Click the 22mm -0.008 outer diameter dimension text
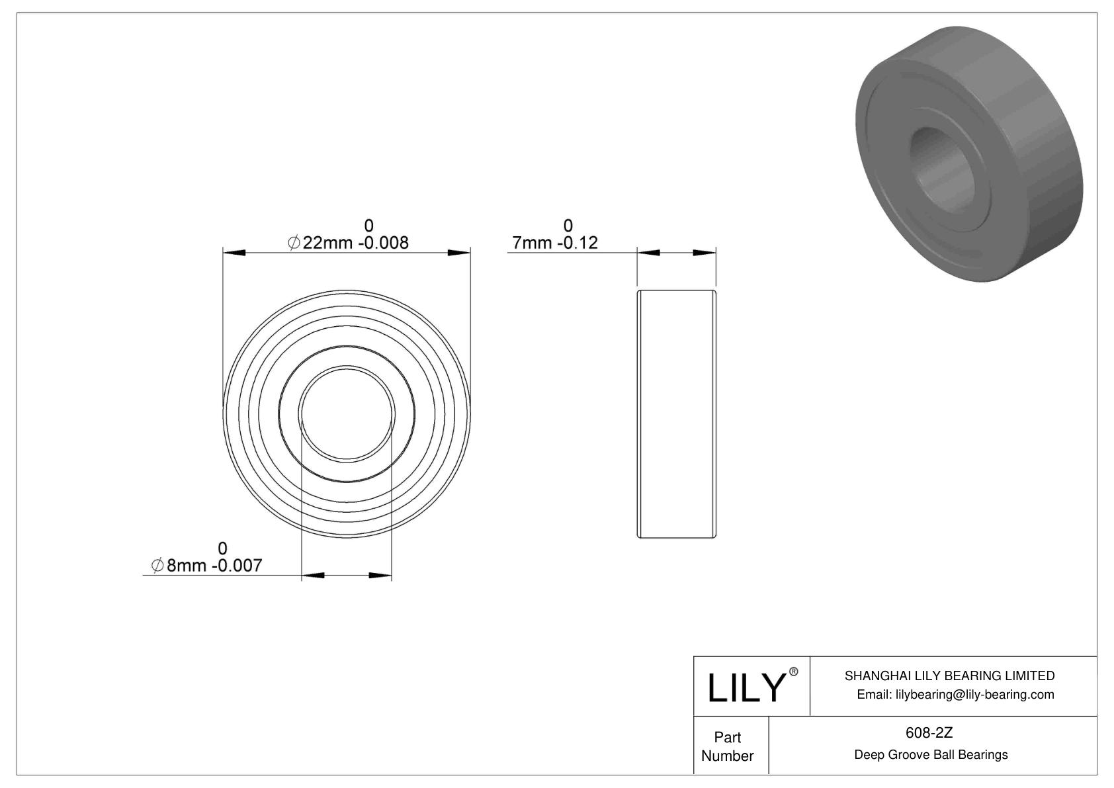coord(349,243)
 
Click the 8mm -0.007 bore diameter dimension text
coord(207,566)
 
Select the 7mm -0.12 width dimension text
coord(555,243)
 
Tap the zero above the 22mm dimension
coord(368,226)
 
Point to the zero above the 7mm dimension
coord(568,226)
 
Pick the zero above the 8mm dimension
coord(222,548)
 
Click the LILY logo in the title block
coord(746,687)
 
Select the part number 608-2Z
coord(931,732)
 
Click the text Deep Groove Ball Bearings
coord(931,755)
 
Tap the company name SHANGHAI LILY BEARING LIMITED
coord(949,676)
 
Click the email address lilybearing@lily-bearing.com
coord(955,695)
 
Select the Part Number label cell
coord(728,746)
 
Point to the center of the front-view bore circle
coord(347,414)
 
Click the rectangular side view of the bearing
coord(676,414)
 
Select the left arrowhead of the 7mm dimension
coord(649,253)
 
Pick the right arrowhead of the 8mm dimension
coord(380,576)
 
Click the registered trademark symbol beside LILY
coord(794,672)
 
